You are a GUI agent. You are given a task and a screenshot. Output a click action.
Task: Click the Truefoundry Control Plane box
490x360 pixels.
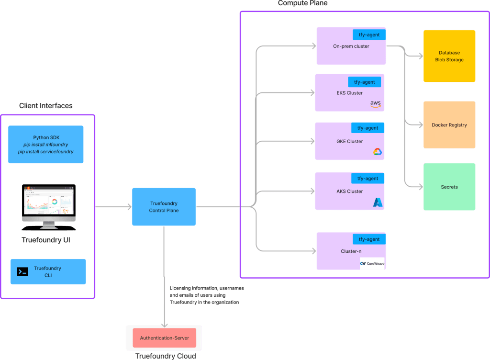164,206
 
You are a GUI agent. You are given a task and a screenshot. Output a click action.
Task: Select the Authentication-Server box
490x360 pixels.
165,338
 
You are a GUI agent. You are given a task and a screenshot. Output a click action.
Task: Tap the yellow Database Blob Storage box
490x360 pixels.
449,56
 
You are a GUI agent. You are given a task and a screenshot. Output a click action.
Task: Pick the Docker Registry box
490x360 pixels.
449,124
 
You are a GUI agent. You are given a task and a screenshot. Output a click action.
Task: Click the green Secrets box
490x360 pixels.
449,187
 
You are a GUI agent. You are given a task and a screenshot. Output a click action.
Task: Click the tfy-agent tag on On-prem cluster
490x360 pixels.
369,34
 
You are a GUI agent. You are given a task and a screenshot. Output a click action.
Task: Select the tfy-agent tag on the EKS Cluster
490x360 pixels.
364,82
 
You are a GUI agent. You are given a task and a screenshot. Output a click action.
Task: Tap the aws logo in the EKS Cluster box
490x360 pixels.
375,104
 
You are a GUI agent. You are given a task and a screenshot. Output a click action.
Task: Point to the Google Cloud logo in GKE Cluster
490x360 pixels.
378,152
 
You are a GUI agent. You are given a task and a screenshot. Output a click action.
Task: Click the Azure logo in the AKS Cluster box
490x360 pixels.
378,202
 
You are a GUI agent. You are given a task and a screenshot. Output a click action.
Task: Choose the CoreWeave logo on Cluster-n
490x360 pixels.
372,263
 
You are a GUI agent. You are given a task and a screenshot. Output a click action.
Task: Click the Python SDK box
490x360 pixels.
45,145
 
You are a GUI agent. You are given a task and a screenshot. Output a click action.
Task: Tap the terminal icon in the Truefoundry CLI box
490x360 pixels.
22,271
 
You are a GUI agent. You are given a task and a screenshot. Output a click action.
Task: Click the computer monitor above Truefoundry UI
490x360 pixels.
49,207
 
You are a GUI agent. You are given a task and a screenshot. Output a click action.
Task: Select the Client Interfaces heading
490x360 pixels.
45,106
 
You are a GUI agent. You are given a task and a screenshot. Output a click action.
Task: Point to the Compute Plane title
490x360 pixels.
302,3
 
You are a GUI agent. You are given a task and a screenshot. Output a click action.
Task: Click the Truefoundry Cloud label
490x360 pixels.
166,356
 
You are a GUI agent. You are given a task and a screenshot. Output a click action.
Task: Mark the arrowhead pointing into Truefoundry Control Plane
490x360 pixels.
129,206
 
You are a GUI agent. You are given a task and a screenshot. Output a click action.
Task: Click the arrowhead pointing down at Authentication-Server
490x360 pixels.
165,326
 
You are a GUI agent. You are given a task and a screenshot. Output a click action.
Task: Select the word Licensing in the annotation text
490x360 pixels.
180,288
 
